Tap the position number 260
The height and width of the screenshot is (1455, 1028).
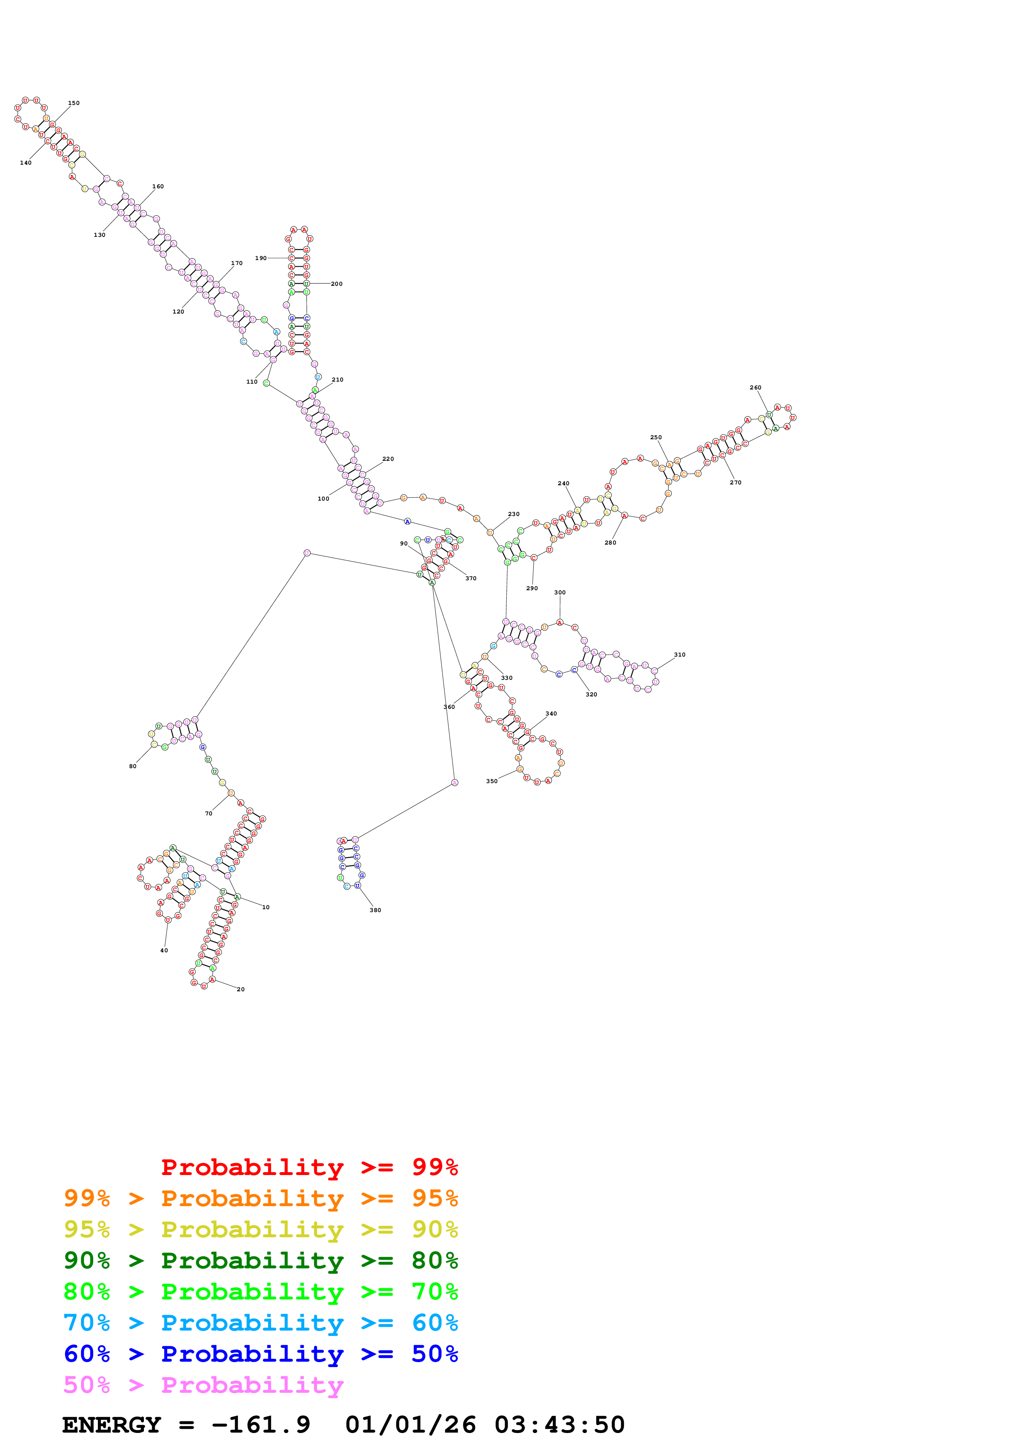tap(755, 388)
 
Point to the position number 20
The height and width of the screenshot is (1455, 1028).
tap(241, 989)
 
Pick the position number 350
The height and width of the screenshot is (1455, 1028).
tap(491, 781)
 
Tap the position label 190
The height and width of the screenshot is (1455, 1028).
tap(260, 258)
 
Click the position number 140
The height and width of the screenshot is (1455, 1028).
tap(25, 163)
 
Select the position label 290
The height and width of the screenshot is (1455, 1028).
tap(532, 588)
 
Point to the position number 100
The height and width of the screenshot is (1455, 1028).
tap(323, 499)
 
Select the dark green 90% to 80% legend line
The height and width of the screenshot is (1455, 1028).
tap(260, 1260)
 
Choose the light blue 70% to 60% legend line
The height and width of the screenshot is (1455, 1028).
tap(260, 1323)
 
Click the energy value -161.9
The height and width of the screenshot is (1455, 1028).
tap(260, 1425)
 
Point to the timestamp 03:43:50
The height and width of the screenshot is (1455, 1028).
tap(559, 1425)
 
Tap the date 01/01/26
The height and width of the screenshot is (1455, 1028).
tap(411, 1425)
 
